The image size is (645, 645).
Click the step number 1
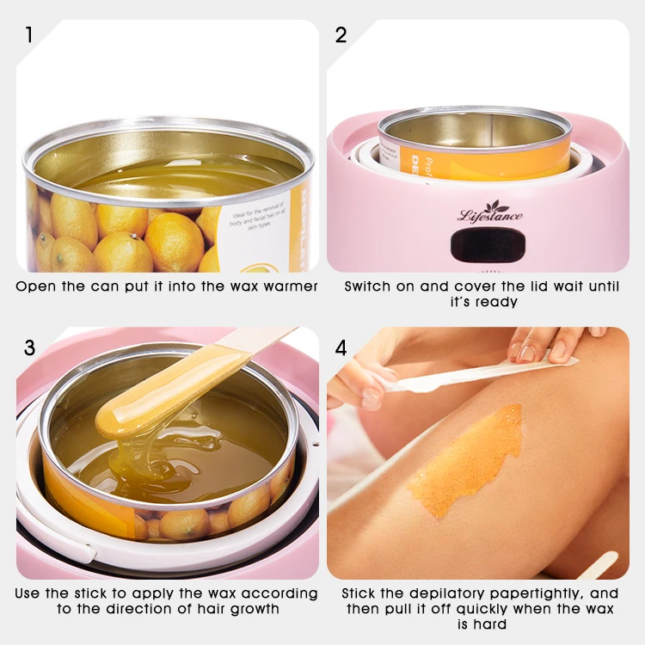click(x=29, y=35)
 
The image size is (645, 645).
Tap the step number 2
click(x=341, y=35)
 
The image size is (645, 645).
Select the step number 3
click(x=30, y=347)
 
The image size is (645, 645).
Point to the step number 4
click(x=341, y=347)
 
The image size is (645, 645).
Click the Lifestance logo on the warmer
click(x=489, y=212)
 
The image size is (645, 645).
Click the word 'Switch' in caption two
click(x=368, y=286)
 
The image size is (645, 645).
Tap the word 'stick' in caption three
click(x=106, y=593)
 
